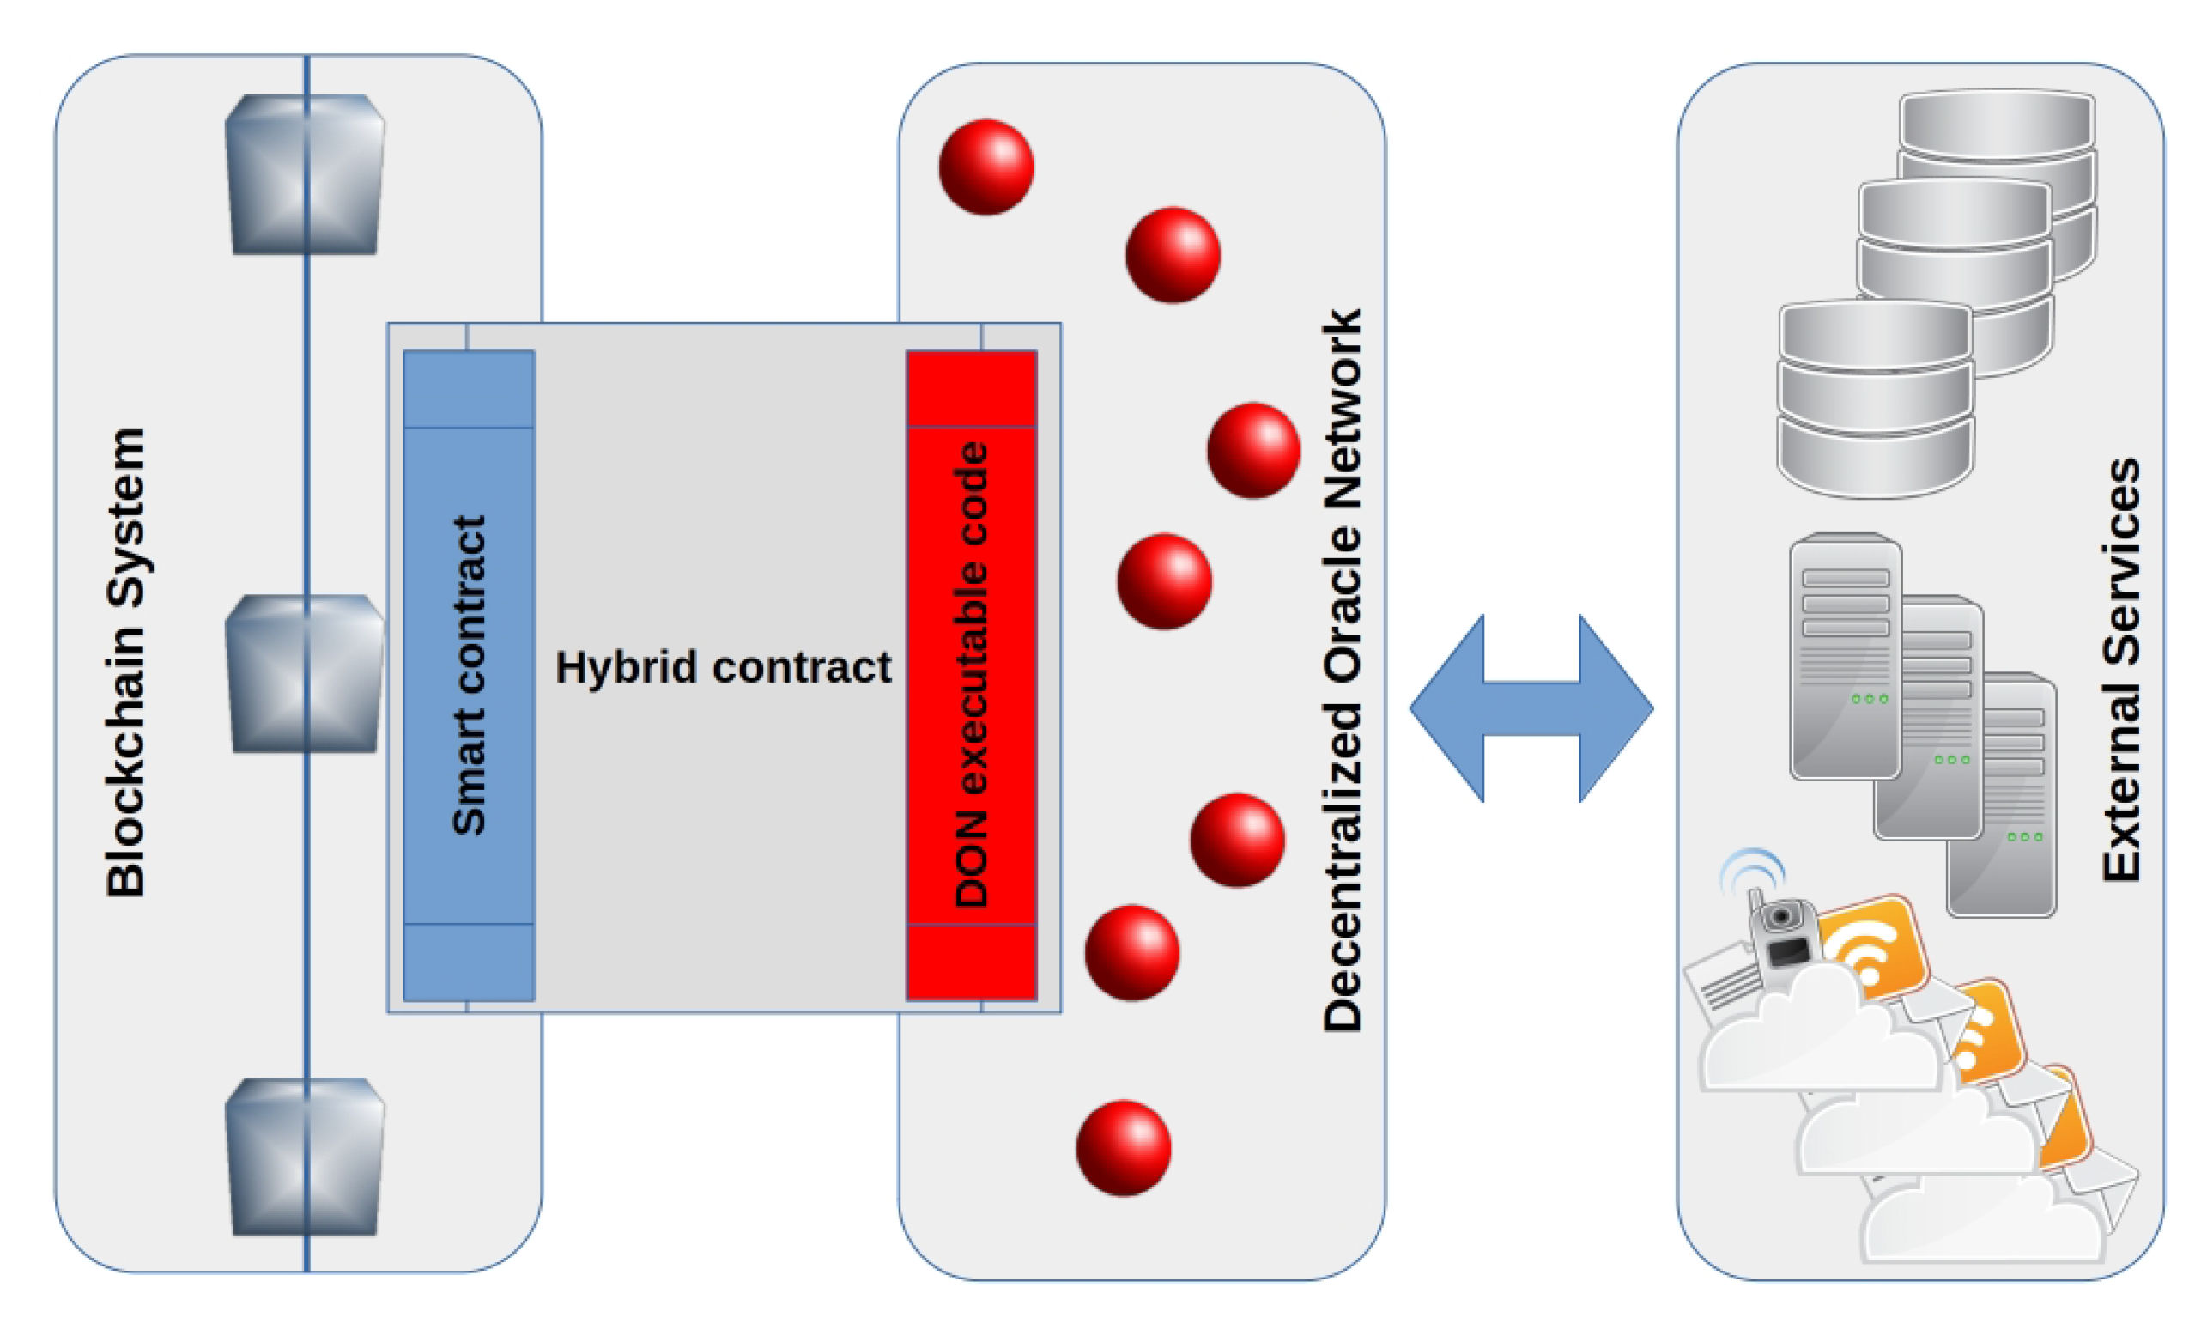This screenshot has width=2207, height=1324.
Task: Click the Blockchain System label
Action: (124, 662)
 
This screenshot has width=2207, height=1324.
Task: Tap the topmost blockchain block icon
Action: (305, 175)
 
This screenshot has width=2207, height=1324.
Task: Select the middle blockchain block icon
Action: (305, 675)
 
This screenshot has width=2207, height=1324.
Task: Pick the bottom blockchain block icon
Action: (305, 1157)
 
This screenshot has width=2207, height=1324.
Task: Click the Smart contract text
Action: (469, 676)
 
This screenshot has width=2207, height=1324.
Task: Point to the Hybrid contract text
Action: (722, 667)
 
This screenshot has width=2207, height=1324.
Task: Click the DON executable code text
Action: (971, 676)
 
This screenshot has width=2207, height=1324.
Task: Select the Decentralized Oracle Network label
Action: (1342, 671)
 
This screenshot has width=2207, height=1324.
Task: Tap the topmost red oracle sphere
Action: (986, 167)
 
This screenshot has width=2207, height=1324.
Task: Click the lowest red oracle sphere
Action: (1124, 1148)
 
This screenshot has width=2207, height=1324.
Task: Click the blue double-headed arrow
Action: (1531, 708)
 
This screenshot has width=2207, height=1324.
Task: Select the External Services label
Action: (2120, 671)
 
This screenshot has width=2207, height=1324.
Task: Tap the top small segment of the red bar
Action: (971, 389)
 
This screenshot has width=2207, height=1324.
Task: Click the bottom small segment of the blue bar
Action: (469, 962)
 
